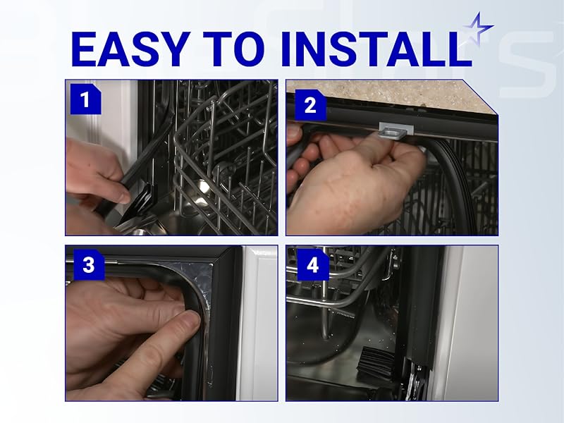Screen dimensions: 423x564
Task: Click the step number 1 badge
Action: [85, 99]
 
